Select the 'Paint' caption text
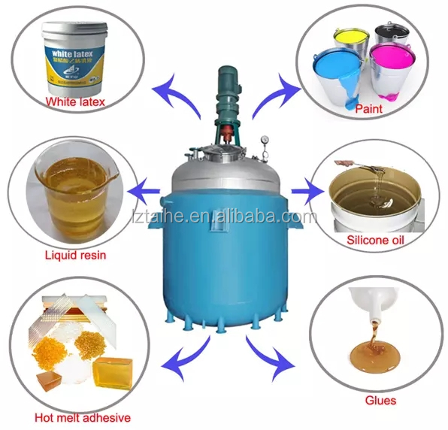click(x=368, y=109)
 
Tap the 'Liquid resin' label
click(x=74, y=255)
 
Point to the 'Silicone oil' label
click(x=374, y=241)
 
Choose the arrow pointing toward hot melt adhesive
click(x=186, y=358)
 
